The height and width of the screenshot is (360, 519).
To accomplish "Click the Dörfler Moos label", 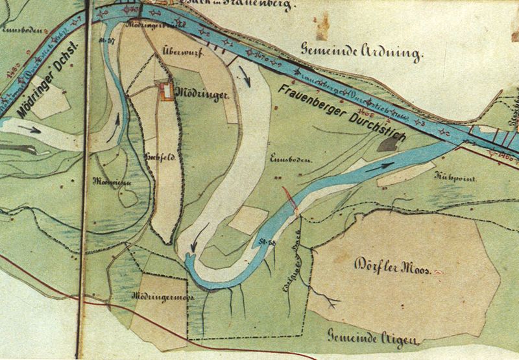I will pos(394,266).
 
